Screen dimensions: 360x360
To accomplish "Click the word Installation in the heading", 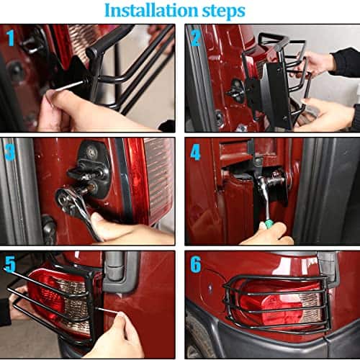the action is pos(151,11).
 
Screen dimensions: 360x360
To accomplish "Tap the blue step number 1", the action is pos(11,37).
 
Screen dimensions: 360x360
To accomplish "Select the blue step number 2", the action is pos(196,38).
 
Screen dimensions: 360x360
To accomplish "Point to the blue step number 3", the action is pos(10,152).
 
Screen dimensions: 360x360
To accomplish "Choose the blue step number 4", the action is pos(195,152).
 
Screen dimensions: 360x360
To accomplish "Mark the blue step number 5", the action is pos(10,264).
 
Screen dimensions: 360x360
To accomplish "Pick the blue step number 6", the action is pos(196,264).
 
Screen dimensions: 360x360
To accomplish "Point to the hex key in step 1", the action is pos(71,85).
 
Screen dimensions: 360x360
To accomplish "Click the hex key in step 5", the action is pos(108,310).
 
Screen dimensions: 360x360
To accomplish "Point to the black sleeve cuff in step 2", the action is pos(346,63).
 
